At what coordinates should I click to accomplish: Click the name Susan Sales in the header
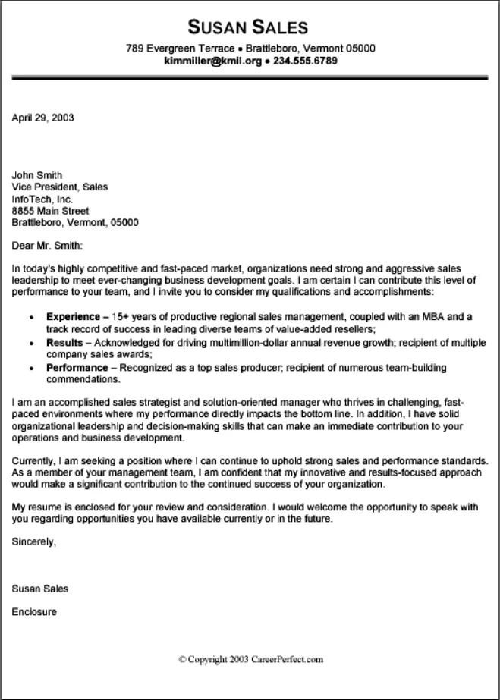[250, 28]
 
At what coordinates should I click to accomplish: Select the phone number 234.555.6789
[305, 61]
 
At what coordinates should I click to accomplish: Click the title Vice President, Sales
[60, 187]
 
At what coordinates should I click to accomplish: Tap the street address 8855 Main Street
[51, 211]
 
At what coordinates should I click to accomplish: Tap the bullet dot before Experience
[30, 316]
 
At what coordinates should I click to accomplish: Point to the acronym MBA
[446, 315]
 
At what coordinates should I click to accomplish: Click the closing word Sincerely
[34, 541]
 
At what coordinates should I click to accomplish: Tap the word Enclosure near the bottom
[34, 611]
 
